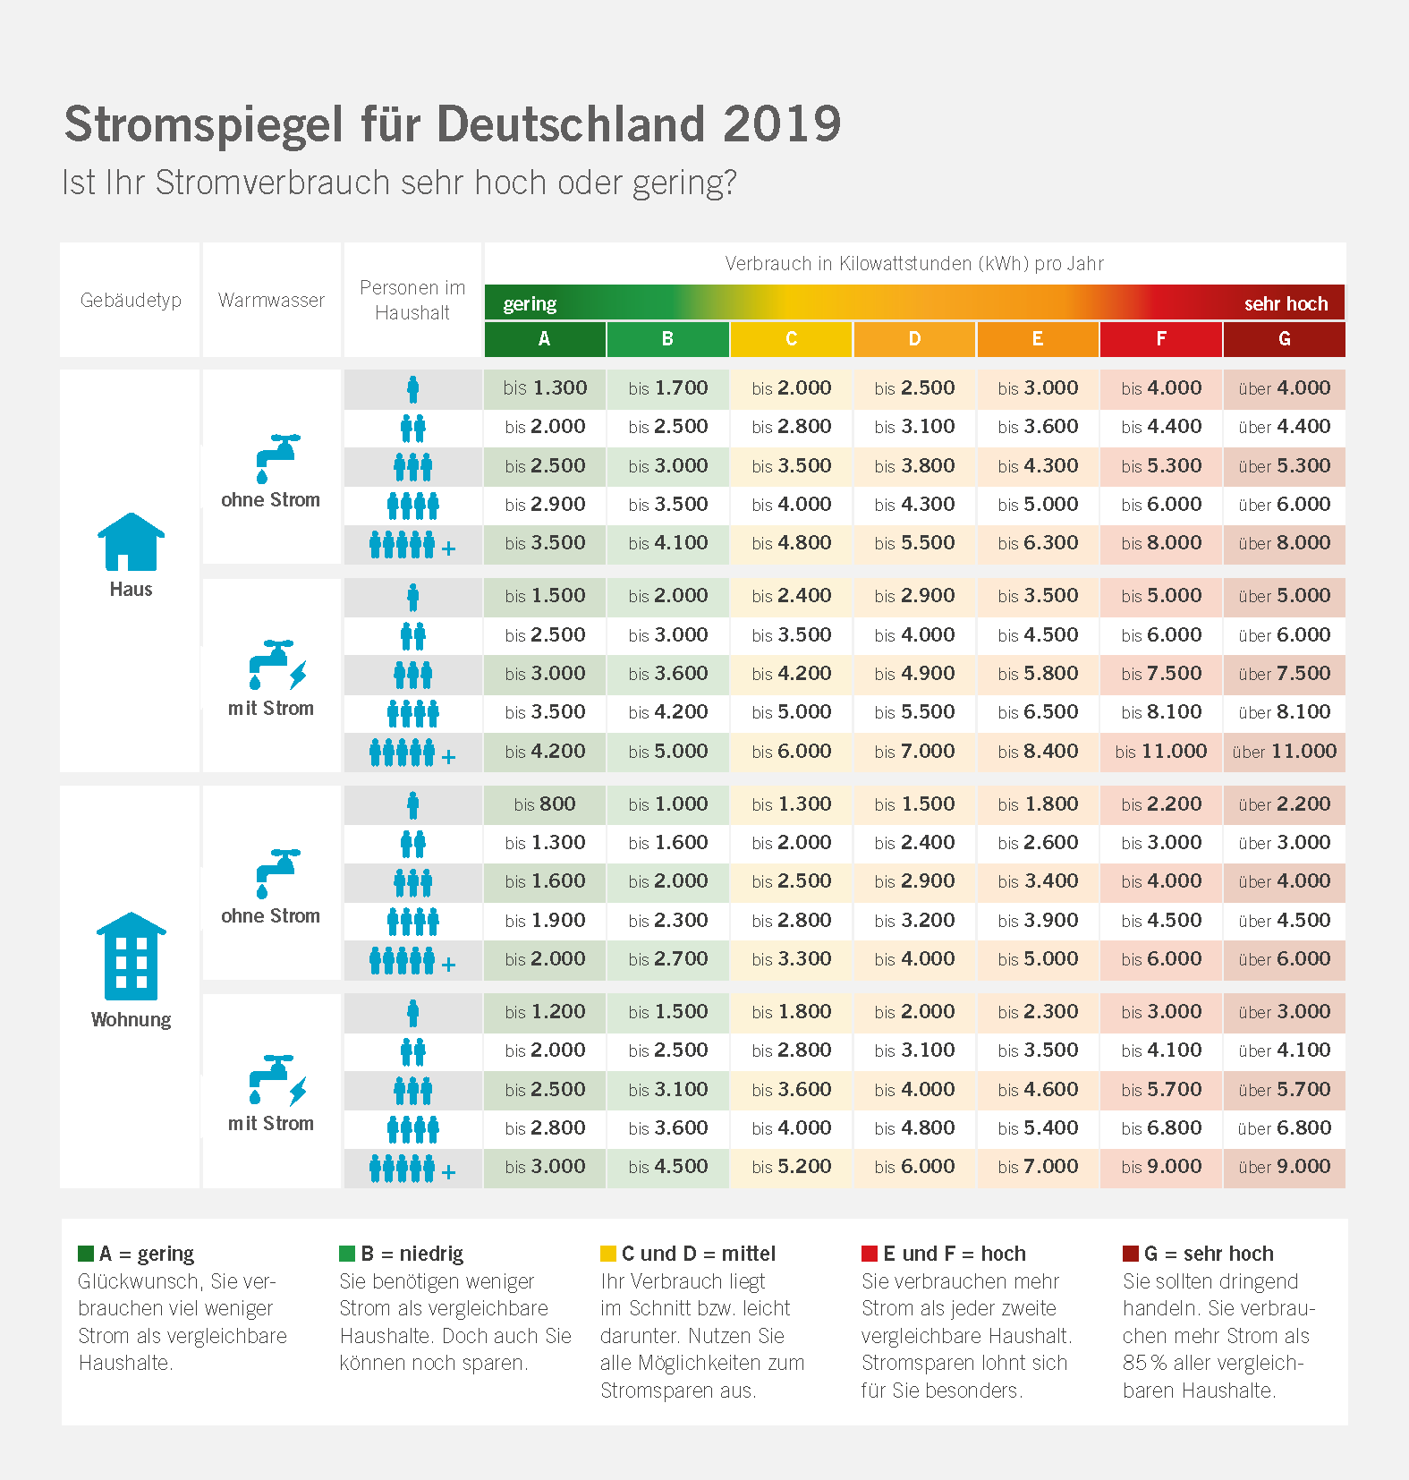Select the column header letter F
[x=1160, y=339]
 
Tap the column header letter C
[x=791, y=339]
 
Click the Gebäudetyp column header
[x=131, y=300]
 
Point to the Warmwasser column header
[x=271, y=300]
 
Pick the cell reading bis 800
[x=544, y=804]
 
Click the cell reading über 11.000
[x=1284, y=752]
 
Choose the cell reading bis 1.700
[x=667, y=388]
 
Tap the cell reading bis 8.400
[x=1038, y=752]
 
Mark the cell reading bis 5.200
[x=791, y=1167]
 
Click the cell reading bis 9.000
[x=1161, y=1167]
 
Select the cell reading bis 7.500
[x=1161, y=674]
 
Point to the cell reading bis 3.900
[x=1038, y=921]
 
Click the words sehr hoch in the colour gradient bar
[x=1286, y=304]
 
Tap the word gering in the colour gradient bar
[x=530, y=304]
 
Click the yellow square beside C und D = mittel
[x=608, y=1253]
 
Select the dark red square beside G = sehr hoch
[x=1131, y=1253]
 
